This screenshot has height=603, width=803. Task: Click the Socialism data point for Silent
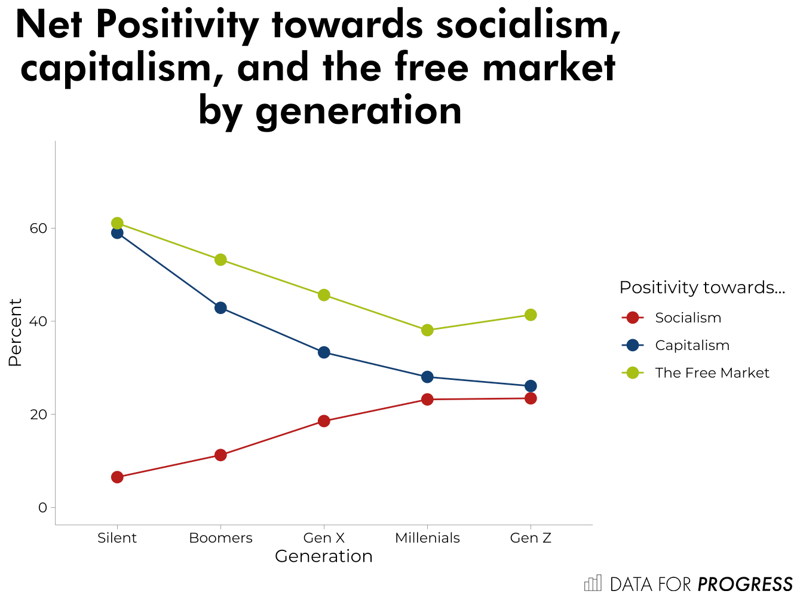pyautogui.click(x=117, y=477)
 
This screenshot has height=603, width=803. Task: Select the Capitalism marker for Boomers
pyautogui.click(x=220, y=308)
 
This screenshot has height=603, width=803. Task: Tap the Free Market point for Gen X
pyautogui.click(x=324, y=295)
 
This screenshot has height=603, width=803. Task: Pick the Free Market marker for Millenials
pyautogui.click(x=427, y=330)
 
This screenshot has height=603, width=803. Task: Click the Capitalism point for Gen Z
pyautogui.click(x=531, y=386)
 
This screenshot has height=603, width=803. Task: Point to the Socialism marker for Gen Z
pyautogui.click(x=531, y=398)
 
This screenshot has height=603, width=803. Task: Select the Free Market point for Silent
pyautogui.click(x=117, y=223)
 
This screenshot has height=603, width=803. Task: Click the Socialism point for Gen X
pyautogui.click(x=324, y=421)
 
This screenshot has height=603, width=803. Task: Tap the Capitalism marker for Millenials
pyautogui.click(x=427, y=377)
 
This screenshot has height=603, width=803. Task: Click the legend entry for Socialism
pyautogui.click(x=688, y=318)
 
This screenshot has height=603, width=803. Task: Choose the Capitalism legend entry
pyautogui.click(x=692, y=345)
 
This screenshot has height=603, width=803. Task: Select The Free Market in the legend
pyautogui.click(x=712, y=373)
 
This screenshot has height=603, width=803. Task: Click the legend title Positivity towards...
pyautogui.click(x=701, y=288)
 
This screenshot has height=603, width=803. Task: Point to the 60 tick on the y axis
pyautogui.click(x=38, y=229)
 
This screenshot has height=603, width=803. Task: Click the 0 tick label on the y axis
pyautogui.click(x=42, y=508)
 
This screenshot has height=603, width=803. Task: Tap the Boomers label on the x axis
pyautogui.click(x=220, y=538)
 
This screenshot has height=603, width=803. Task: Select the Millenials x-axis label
pyautogui.click(x=427, y=538)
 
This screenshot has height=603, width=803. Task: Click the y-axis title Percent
pyautogui.click(x=15, y=333)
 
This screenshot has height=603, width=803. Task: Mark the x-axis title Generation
pyautogui.click(x=323, y=556)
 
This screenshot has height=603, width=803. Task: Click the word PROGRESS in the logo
pyautogui.click(x=745, y=584)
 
